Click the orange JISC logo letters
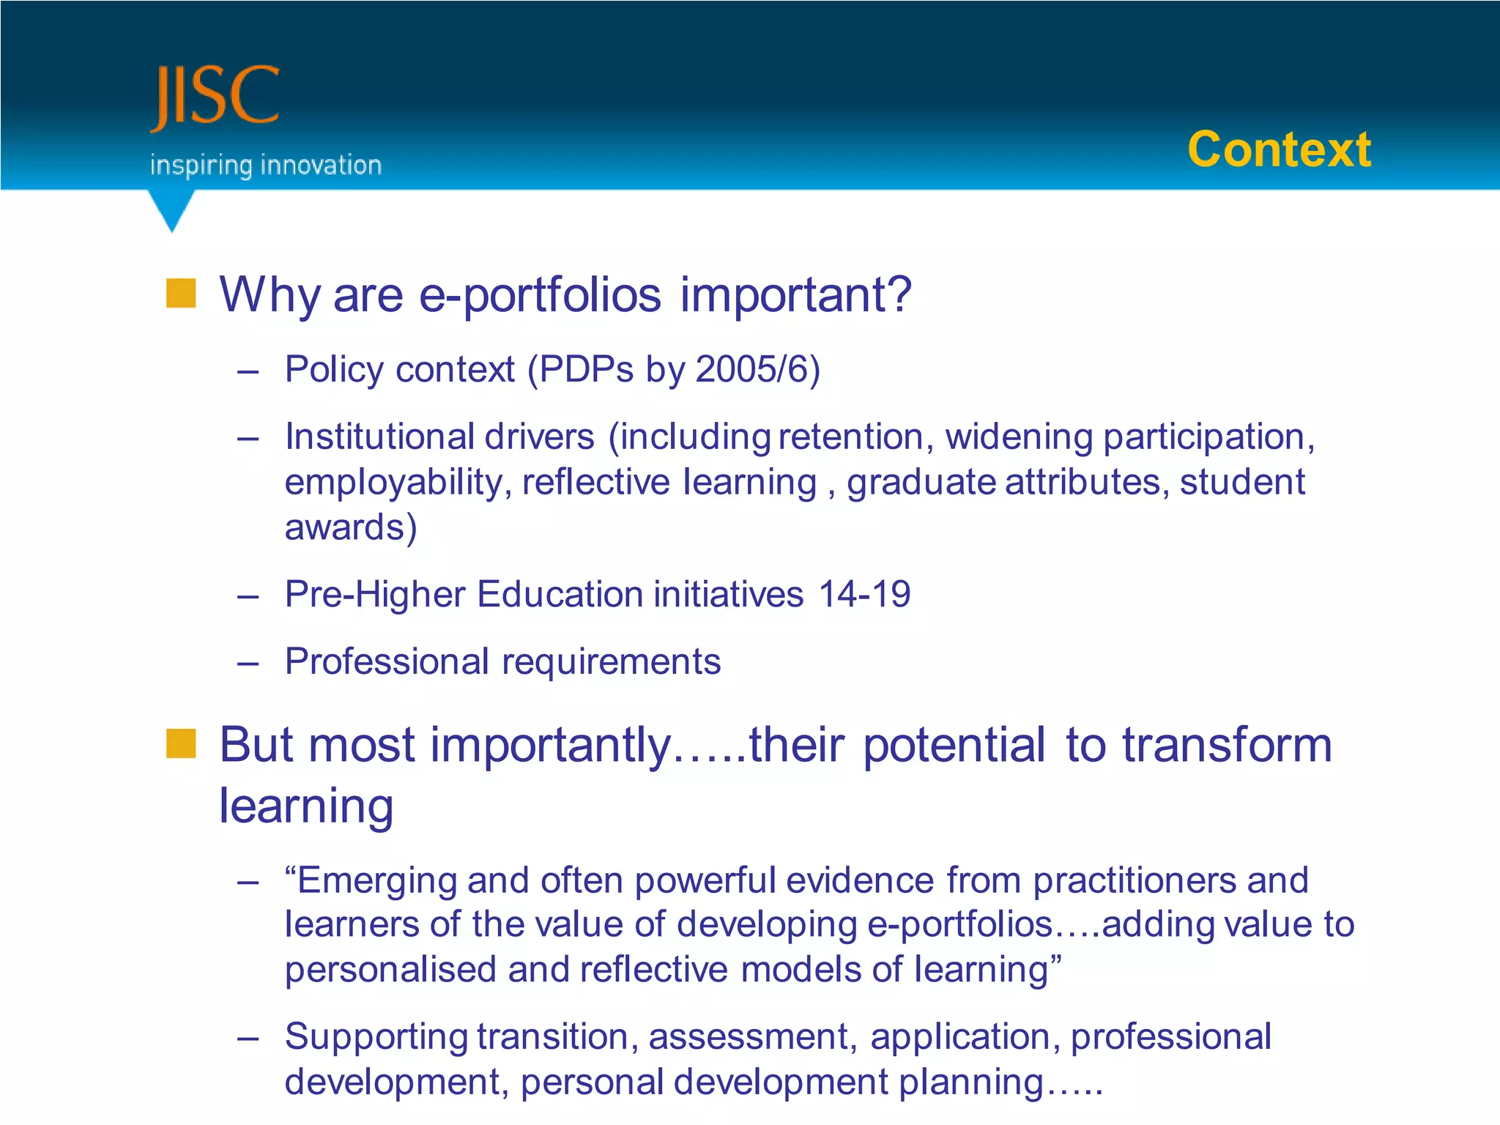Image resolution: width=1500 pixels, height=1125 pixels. [215, 97]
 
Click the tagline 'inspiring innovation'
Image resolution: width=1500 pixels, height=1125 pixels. [266, 166]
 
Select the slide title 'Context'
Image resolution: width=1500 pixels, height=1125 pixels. [1279, 150]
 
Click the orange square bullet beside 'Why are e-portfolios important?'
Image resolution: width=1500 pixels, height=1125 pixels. [181, 293]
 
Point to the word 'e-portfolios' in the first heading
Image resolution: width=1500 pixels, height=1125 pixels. [540, 295]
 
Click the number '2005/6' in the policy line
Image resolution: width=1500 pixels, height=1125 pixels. [752, 369]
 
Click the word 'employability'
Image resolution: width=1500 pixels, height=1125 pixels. [393, 483]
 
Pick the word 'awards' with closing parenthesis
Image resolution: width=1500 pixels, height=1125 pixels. [350, 527]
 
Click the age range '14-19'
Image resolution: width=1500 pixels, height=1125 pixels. [864, 594]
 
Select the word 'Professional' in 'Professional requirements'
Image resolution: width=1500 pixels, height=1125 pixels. [386, 662]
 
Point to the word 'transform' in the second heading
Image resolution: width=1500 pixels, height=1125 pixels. [1227, 745]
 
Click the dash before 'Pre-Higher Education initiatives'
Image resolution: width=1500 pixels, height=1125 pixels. [248, 596]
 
